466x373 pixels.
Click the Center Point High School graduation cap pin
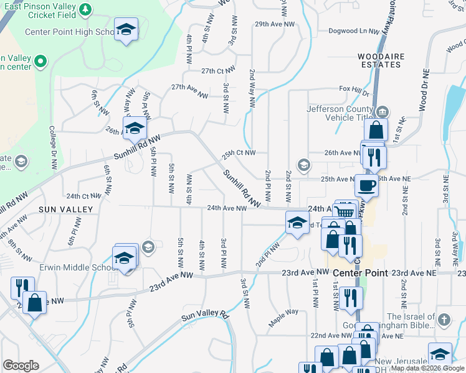point(126,30)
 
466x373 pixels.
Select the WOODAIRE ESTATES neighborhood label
point(381,60)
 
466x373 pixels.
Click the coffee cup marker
point(366,185)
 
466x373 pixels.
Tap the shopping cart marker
point(345,211)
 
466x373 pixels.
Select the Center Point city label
point(360,273)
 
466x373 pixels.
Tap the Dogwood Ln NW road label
point(354,31)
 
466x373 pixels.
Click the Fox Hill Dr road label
point(354,89)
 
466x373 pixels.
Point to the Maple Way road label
point(283,318)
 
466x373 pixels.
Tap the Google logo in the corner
point(21,365)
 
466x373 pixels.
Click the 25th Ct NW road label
point(240,152)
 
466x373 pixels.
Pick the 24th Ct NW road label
point(83,195)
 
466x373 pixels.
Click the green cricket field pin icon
point(85,9)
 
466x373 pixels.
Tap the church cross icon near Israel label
point(444,320)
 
